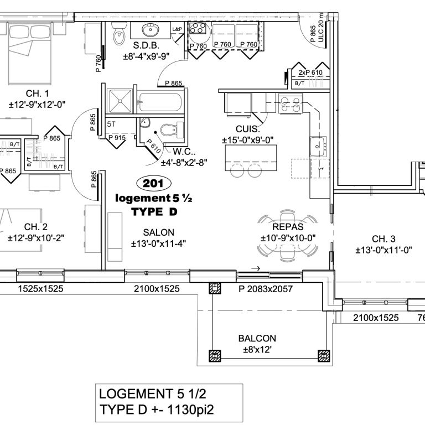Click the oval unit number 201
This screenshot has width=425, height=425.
tap(153, 184)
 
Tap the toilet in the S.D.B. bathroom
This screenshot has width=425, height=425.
tap(119, 33)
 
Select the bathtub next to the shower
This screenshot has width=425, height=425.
tap(159, 102)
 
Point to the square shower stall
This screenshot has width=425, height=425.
tap(120, 101)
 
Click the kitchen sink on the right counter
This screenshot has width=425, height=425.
tap(318, 146)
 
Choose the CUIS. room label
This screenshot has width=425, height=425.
tap(248, 129)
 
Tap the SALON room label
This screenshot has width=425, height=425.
tap(159, 232)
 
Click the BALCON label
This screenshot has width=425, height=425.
tap(257, 338)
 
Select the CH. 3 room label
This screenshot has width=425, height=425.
tap(383, 239)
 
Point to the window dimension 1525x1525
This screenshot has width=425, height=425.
tap(40, 289)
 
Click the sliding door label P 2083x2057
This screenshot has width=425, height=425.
tap(266, 289)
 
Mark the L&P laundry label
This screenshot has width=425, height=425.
tap(177, 29)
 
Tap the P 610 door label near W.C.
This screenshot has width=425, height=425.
tap(153, 146)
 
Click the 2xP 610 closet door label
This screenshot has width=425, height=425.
tap(310, 72)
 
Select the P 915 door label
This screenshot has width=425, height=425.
tap(117, 138)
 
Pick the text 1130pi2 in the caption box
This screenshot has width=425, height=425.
tap(190, 410)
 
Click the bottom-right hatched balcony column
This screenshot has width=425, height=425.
tap(324, 356)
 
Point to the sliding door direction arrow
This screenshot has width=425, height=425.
tap(256, 268)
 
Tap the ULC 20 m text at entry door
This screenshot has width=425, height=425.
tap(321, 28)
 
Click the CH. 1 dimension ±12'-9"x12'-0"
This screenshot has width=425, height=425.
tap(37, 105)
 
